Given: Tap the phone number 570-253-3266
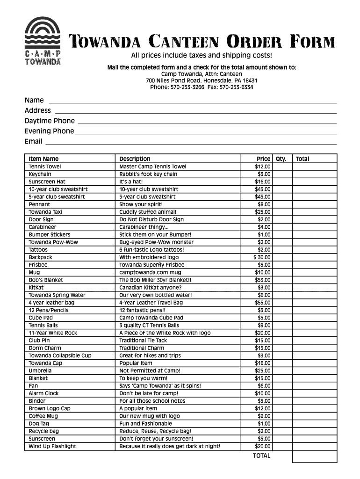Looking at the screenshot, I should [187, 87].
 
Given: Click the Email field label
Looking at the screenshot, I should [34, 141].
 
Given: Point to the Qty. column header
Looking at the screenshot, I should [281, 159].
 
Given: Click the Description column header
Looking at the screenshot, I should [135, 159].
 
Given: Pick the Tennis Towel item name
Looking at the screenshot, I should [45, 167].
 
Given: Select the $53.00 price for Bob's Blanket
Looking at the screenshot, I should [263, 280].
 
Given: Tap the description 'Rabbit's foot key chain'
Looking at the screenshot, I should [148, 174].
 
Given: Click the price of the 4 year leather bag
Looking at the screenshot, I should [263, 303].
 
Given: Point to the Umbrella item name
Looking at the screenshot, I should [40, 370].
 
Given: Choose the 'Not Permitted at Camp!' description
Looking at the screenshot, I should [150, 370].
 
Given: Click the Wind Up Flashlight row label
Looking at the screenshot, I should [52, 446].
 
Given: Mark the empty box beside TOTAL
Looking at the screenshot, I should [314, 456].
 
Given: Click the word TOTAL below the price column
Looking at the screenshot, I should [261, 456].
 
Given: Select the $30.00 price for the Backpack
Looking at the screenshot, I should [262, 257].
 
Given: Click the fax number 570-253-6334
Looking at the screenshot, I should [236, 87].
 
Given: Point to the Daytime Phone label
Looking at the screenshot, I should [50, 121].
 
